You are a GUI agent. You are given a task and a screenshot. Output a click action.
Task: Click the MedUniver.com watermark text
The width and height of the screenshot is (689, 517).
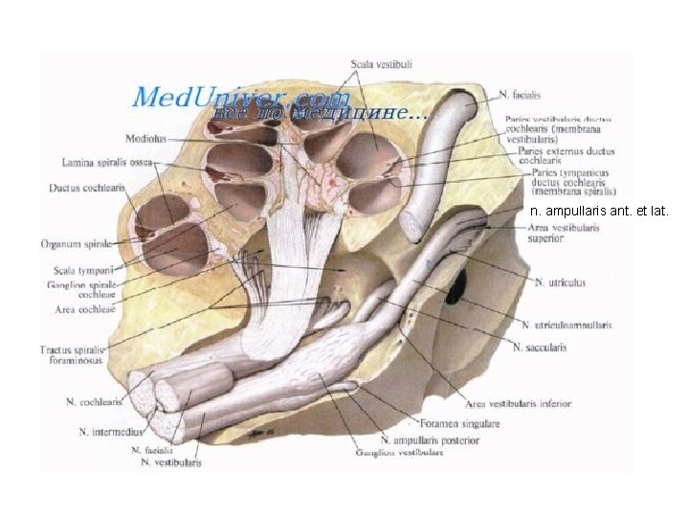pyautogui.click(x=240, y=97)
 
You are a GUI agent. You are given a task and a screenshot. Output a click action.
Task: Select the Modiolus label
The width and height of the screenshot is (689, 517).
pyautogui.click(x=145, y=139)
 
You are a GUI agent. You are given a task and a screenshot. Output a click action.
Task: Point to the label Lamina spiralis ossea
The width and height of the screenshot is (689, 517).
pyautogui.click(x=105, y=163)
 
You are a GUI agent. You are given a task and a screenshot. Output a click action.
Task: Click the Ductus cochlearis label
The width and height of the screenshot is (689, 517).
pyautogui.click(x=87, y=188)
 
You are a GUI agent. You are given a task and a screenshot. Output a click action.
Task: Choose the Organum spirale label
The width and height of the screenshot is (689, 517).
pyautogui.click(x=78, y=244)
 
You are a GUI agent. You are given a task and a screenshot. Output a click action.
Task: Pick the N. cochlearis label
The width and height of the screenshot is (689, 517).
pyautogui.click(x=94, y=402)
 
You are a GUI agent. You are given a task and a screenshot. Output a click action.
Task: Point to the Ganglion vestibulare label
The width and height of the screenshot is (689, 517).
pyautogui.click(x=399, y=452)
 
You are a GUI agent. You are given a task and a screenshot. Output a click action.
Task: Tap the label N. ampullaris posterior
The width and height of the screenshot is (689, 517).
pyautogui.click(x=430, y=439)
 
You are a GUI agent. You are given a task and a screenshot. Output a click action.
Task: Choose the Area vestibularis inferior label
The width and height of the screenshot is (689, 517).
pyautogui.click(x=518, y=403)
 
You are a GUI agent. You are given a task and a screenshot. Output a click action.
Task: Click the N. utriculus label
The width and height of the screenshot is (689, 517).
pyautogui.click(x=560, y=282)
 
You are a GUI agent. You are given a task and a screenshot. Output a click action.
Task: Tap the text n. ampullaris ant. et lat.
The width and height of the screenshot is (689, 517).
pyautogui.click(x=599, y=212)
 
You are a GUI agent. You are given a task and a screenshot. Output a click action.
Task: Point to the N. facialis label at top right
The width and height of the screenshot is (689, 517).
pyautogui.click(x=520, y=95)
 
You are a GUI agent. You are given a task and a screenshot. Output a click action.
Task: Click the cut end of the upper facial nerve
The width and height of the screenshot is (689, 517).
pyautogui.click(x=413, y=225)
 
